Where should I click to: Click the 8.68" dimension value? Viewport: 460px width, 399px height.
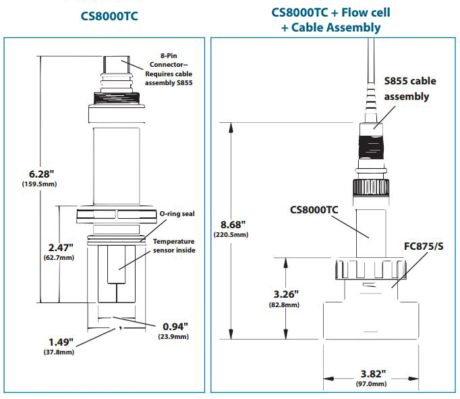pos(231,223)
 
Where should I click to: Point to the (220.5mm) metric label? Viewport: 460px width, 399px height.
pos(232,235)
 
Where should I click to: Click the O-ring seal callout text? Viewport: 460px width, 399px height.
pos(177,214)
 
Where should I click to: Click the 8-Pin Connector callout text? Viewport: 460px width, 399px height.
pos(173,66)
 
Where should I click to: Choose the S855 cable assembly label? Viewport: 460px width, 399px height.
pos(409,88)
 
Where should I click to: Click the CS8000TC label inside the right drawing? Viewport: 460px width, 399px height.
pos(314,209)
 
